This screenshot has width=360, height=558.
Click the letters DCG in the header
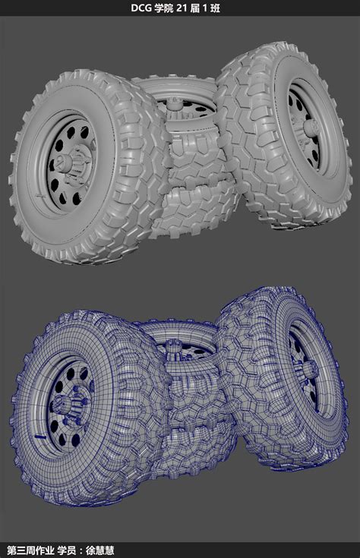141,8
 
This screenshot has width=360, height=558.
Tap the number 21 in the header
182,8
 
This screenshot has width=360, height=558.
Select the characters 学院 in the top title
163,8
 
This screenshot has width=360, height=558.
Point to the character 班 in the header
215,8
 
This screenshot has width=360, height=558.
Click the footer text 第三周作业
30,550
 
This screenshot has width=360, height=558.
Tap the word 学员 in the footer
67,550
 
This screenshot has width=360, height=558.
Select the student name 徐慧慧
99,550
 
